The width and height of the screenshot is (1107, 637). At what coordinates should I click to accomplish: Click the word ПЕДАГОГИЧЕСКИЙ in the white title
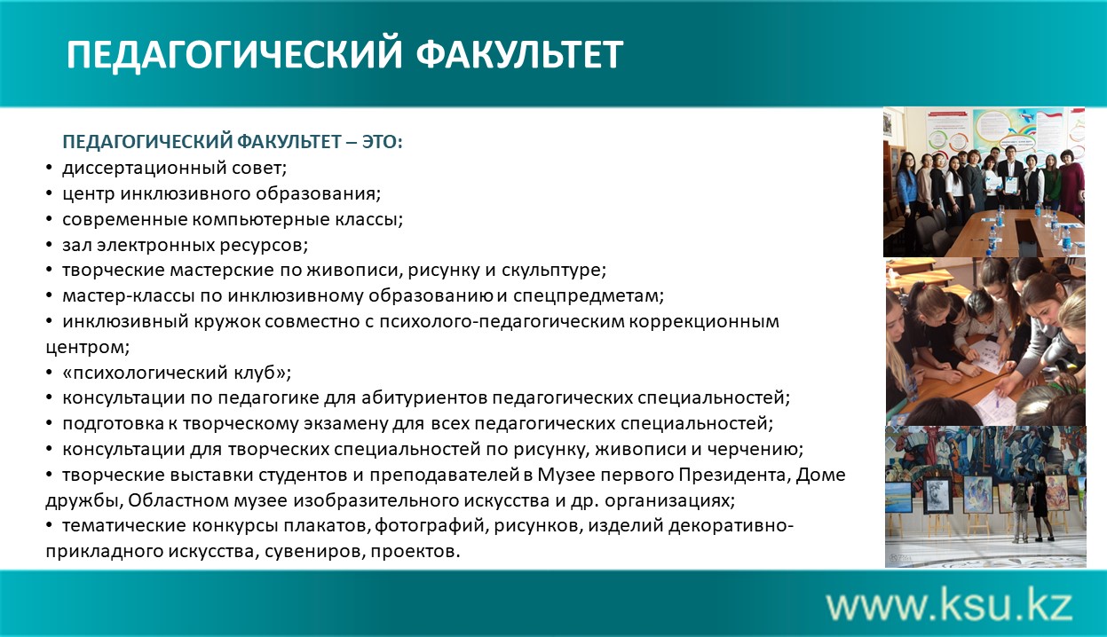[234, 54]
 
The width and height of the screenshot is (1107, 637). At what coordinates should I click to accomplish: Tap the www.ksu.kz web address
[949, 605]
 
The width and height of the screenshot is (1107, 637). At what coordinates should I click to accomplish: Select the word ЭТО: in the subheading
[383, 142]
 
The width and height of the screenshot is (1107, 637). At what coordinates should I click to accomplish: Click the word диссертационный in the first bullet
[145, 169]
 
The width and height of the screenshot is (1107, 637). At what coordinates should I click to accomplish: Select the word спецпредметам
[589, 296]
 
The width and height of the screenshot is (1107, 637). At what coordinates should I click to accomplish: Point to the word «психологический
[146, 373]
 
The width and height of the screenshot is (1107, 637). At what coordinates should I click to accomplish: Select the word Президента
[732, 475]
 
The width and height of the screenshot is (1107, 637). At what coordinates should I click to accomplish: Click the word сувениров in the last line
[315, 552]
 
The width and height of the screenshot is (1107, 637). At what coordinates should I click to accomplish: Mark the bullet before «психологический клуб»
[49, 373]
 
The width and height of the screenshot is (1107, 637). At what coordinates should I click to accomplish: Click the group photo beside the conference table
[984, 182]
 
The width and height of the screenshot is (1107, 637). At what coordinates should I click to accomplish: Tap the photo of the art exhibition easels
[985, 497]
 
